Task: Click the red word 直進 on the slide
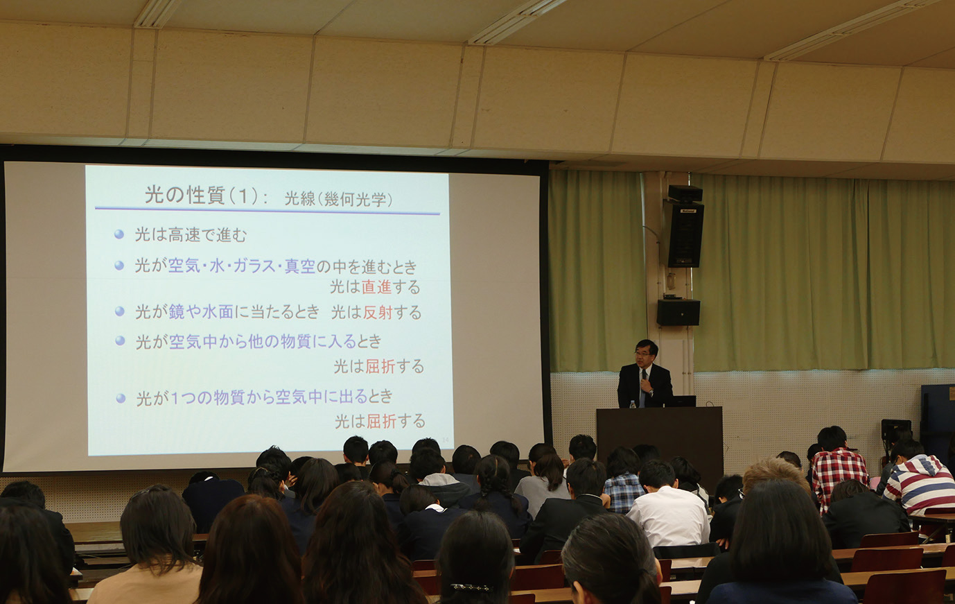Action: [x=376, y=287]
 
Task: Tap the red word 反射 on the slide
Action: [x=378, y=313]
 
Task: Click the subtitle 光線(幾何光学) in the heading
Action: [x=338, y=199]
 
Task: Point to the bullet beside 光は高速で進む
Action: [x=119, y=234]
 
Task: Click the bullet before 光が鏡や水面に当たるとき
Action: [x=119, y=311]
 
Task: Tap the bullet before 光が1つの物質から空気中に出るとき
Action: [x=121, y=399]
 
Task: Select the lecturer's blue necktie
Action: [x=642, y=389]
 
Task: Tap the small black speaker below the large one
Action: [x=678, y=313]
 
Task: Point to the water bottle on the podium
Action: [x=633, y=404]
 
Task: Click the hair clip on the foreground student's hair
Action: [x=471, y=587]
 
